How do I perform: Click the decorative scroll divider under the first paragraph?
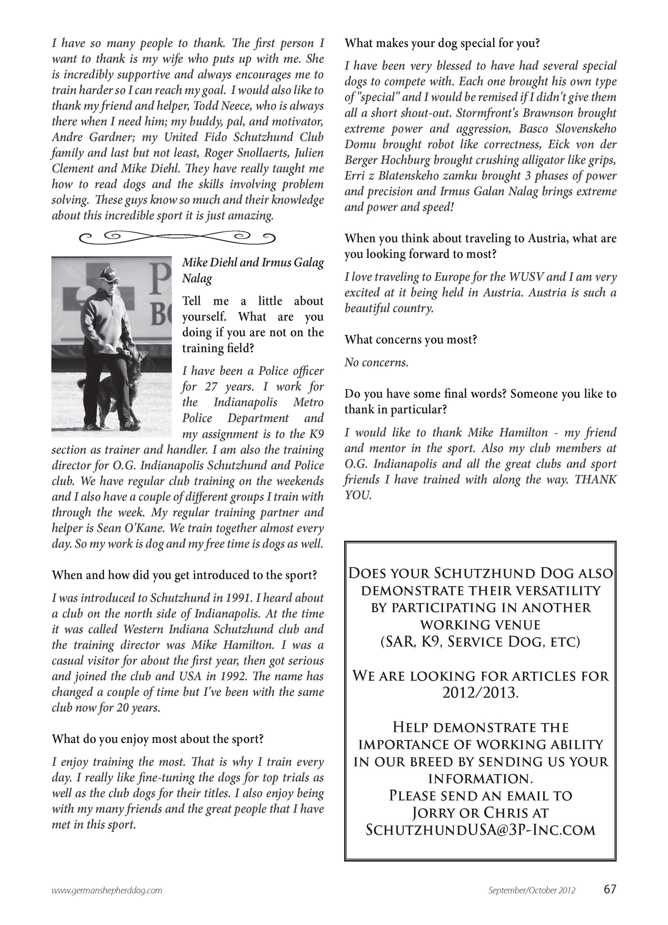point(176,237)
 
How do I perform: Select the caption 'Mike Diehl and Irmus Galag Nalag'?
point(252,270)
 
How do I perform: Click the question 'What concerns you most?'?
point(411,339)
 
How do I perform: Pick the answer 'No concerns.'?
point(376,362)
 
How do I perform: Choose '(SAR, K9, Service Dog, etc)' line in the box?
point(480,641)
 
